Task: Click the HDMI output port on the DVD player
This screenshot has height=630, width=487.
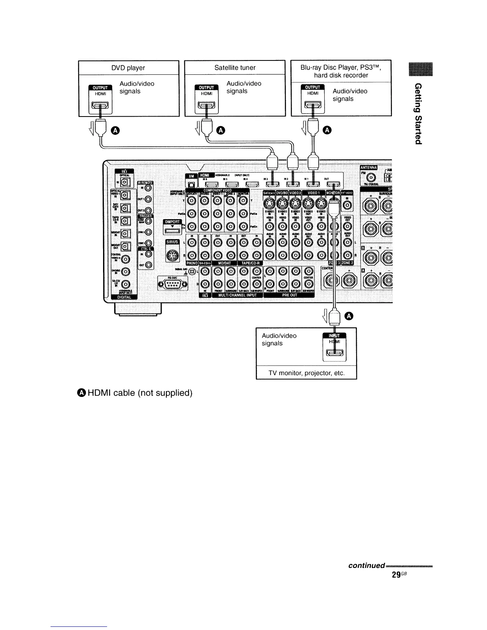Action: pos(100,106)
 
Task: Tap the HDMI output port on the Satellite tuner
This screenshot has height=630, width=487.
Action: pos(206,106)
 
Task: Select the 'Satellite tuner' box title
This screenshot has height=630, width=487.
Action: pos(235,68)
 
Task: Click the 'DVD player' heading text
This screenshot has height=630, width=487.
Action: pos(128,68)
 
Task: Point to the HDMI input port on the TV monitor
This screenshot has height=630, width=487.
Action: pos(336,353)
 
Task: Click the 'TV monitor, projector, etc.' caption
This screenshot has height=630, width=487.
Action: pos(306,373)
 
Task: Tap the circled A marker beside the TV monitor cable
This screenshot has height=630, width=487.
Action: pos(349,316)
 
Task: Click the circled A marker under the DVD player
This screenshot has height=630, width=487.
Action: pos(115,130)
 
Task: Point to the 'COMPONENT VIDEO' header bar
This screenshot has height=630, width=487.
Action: pos(217,191)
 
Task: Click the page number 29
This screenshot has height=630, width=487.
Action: pos(396,575)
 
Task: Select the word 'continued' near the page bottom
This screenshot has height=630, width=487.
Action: pos(366,566)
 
